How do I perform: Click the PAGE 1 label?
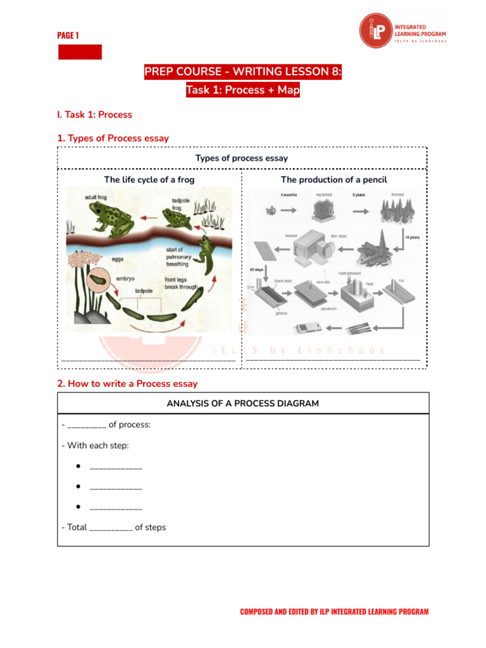click(68, 35)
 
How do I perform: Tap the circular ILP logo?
click(376, 31)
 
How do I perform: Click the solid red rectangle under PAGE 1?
click(80, 52)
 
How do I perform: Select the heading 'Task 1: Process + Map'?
click(243, 90)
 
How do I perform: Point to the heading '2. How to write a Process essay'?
click(127, 383)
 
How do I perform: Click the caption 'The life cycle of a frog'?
click(149, 180)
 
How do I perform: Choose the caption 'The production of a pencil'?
click(333, 180)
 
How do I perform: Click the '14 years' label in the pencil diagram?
click(411, 237)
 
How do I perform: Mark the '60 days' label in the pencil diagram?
click(257, 269)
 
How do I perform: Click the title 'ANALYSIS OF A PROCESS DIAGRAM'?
click(243, 403)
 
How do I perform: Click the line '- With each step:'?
click(95, 445)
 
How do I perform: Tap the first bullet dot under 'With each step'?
click(77, 466)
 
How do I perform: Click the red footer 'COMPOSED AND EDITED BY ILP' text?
click(334, 611)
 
